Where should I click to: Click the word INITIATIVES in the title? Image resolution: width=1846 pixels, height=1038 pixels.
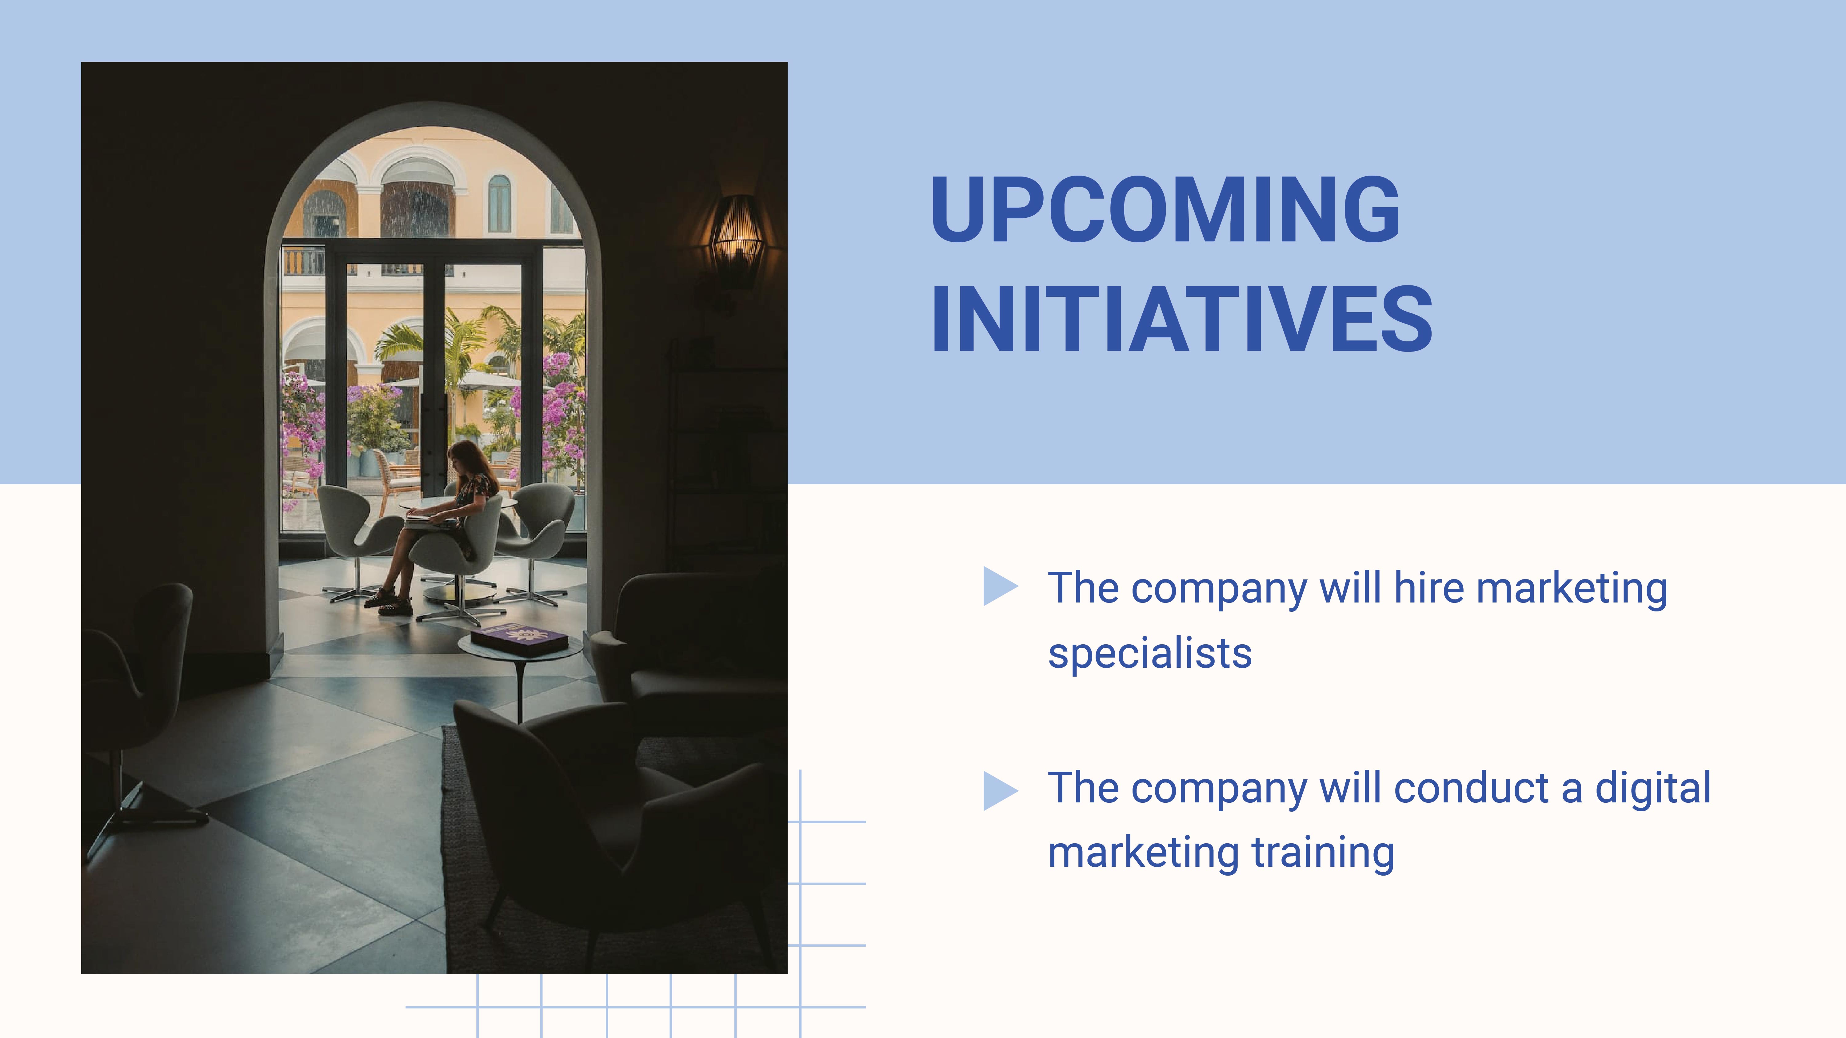[1181, 320]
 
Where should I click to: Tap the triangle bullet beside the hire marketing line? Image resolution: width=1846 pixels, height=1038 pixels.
[999, 586]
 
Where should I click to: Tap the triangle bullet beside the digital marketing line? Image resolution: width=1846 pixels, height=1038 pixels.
[999, 791]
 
